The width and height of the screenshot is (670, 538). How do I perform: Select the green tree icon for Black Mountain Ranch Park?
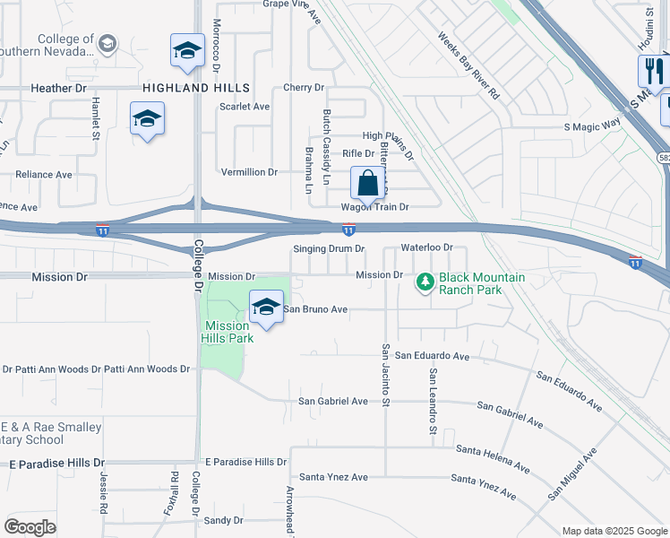(x=425, y=282)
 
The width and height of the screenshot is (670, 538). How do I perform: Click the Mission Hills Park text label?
(x=228, y=332)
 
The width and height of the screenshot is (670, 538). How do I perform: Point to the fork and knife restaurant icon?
(x=651, y=71)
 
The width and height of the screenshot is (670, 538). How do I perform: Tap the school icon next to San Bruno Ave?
(x=265, y=308)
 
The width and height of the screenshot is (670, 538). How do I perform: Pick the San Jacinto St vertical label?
(x=386, y=374)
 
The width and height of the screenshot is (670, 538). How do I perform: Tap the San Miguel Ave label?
(x=572, y=474)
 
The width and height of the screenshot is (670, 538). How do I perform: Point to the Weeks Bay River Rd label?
(x=468, y=65)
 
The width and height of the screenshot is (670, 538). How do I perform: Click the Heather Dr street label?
(x=64, y=88)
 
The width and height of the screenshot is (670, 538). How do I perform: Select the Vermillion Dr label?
(x=249, y=171)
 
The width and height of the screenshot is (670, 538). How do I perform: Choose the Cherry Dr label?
(x=303, y=88)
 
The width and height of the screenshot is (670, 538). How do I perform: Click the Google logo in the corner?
(x=30, y=526)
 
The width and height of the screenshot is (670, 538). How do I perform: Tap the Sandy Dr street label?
(x=223, y=520)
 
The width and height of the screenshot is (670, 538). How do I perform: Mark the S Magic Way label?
(x=592, y=126)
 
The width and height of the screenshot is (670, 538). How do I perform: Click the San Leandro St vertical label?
(x=432, y=402)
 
